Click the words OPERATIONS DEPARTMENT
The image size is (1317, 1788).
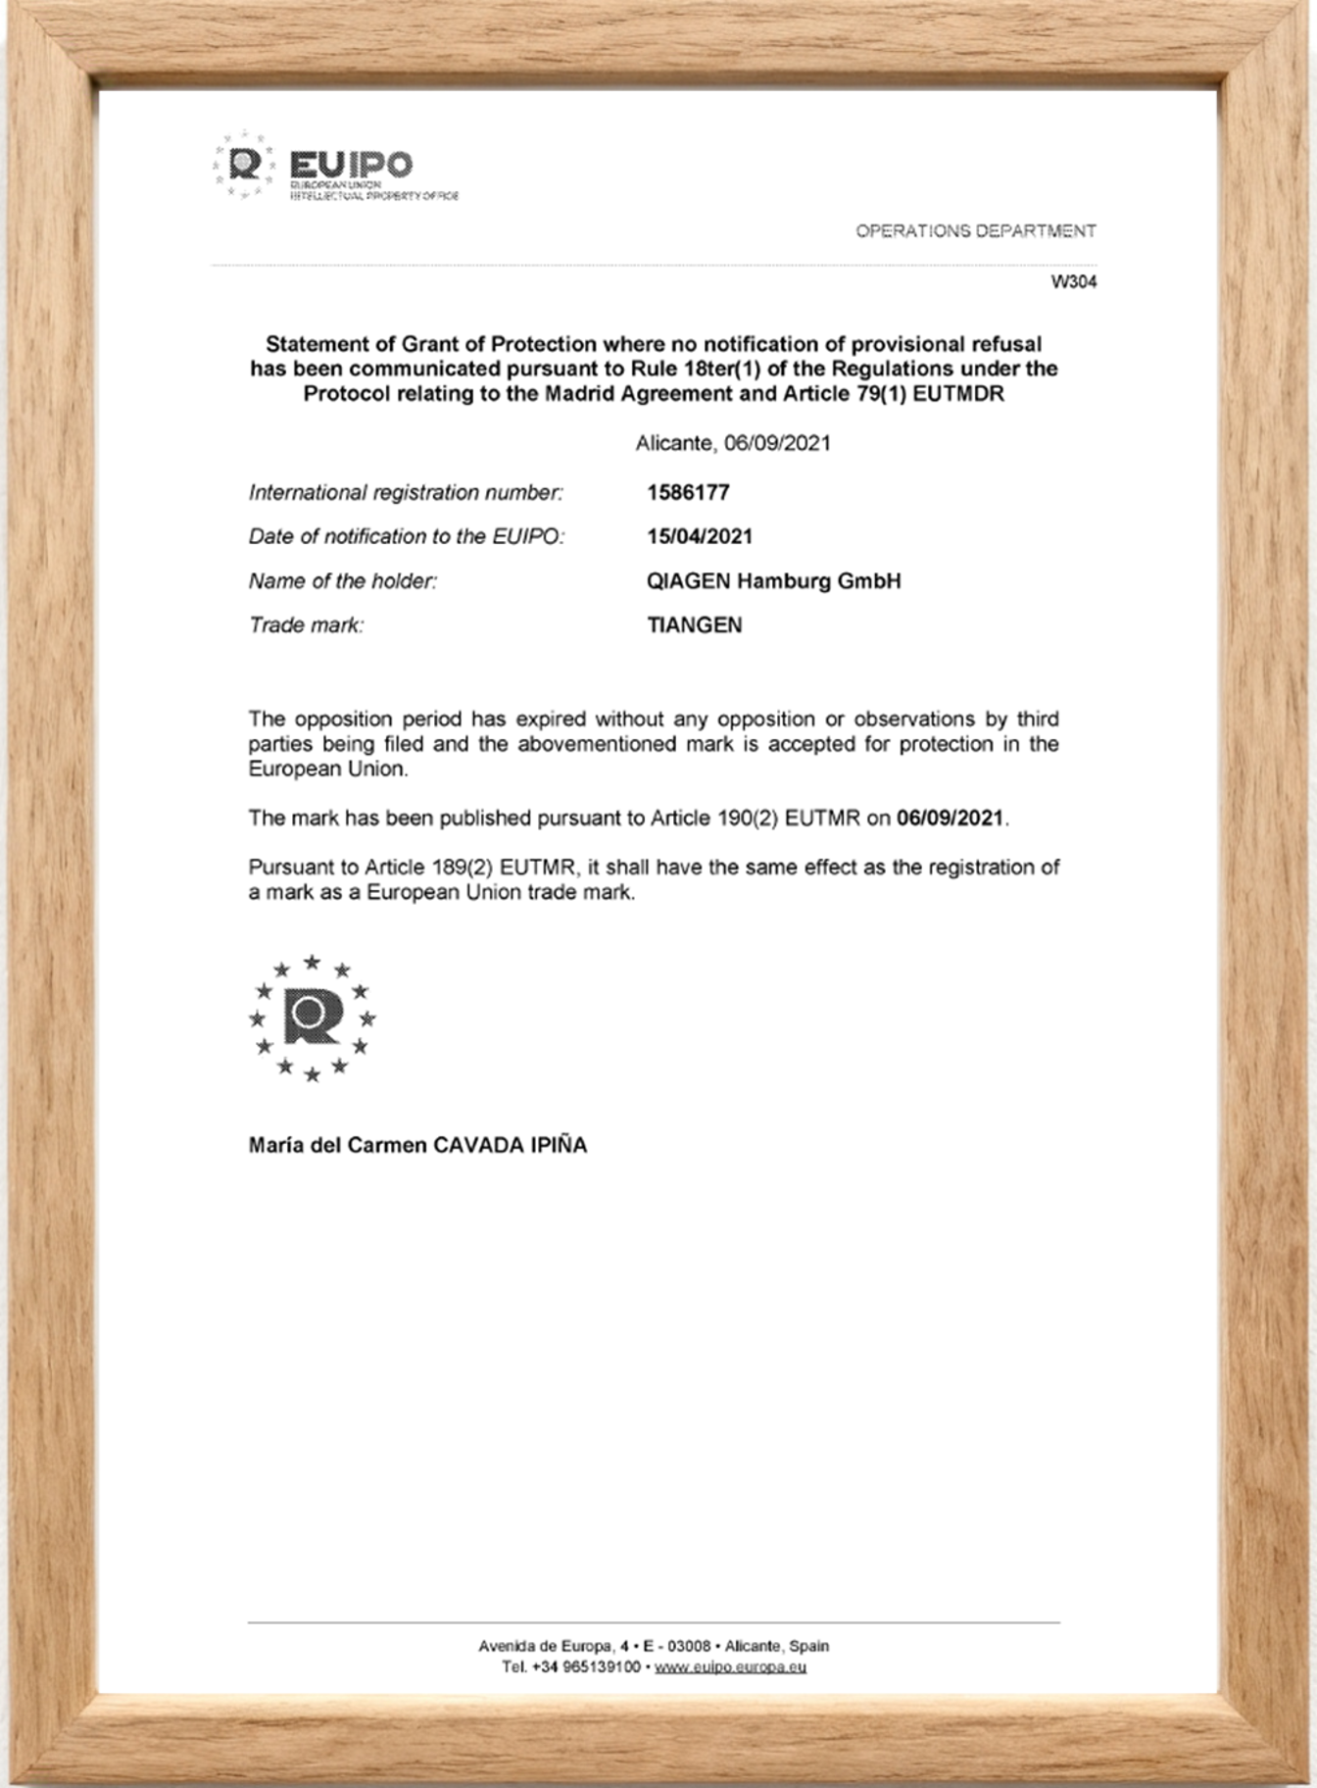(975, 231)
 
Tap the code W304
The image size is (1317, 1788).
(1074, 282)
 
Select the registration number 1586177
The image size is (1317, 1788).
(688, 492)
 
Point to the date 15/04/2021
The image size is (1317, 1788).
(700, 536)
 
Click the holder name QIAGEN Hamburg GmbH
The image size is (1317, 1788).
(773, 580)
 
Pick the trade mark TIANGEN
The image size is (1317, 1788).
(695, 624)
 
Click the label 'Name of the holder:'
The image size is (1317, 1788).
(343, 581)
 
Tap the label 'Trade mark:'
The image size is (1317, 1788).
(306, 625)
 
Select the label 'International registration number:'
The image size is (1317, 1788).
(406, 493)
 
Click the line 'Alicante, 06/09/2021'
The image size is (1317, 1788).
(733, 443)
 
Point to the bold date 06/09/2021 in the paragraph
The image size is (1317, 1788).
(951, 819)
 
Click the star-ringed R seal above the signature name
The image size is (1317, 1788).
(312, 1018)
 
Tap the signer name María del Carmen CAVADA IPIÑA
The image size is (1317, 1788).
(417, 1145)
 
